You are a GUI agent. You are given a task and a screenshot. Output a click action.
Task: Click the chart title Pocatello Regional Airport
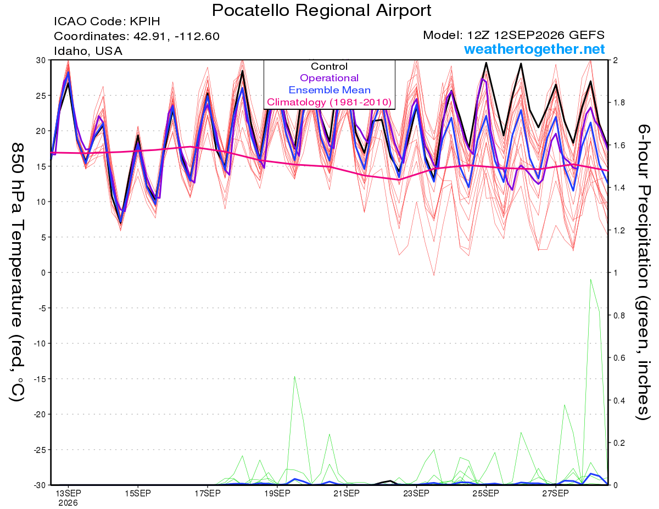(321, 10)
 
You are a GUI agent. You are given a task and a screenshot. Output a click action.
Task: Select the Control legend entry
(329, 66)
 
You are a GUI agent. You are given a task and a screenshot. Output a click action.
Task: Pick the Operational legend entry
(329, 78)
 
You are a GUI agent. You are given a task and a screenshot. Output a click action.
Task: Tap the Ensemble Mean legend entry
(329, 90)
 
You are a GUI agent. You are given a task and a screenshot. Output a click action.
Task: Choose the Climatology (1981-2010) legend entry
(329, 102)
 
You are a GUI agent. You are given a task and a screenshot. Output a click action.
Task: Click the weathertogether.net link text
(534, 49)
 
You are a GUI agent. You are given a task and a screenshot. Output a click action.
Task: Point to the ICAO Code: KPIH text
(107, 21)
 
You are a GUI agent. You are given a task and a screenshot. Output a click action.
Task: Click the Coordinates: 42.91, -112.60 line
(137, 36)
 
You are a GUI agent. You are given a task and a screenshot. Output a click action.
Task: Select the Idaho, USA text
(88, 51)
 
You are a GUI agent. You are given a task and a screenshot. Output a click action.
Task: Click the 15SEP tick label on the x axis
(138, 494)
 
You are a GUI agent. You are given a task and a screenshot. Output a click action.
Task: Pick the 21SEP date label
(347, 494)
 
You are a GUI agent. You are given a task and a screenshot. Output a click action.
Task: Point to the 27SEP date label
(555, 494)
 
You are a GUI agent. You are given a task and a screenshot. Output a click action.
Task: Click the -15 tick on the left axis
(40, 379)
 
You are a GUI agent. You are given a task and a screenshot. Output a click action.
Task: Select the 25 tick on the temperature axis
(41, 96)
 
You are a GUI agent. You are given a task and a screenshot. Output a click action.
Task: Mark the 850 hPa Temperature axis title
(17, 272)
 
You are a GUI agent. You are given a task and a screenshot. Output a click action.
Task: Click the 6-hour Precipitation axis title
(643, 272)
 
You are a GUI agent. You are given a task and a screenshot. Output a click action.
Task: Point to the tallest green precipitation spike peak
(590, 279)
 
